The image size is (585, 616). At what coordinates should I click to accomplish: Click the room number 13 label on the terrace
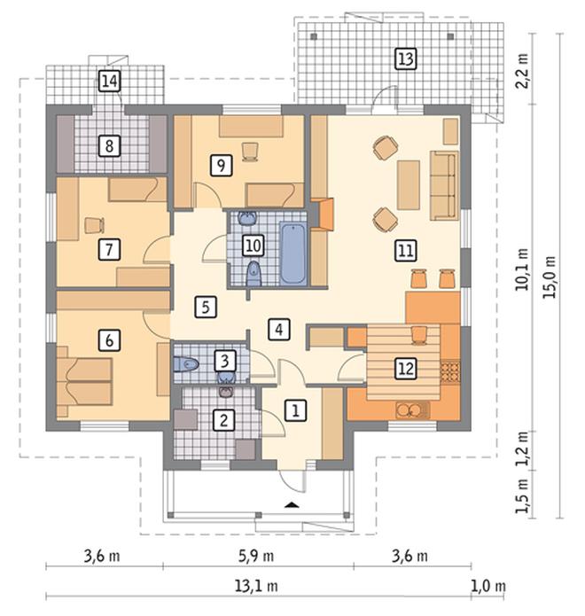tap(406, 59)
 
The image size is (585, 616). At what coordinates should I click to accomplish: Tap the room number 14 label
tap(109, 82)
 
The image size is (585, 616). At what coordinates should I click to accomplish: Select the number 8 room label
tap(109, 145)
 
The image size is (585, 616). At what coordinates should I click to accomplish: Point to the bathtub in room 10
tap(292, 253)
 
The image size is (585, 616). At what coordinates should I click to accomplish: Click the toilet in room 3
tap(186, 364)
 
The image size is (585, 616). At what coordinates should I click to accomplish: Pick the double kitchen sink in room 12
tap(409, 410)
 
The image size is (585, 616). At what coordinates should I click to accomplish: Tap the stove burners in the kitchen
tap(450, 372)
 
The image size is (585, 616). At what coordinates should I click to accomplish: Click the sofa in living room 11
tap(444, 185)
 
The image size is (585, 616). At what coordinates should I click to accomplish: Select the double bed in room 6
tap(85, 382)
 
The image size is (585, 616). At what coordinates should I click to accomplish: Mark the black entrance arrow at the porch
tap(291, 505)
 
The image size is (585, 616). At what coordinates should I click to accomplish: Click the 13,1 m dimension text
tap(256, 587)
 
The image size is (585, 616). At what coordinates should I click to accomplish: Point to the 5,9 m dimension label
tap(256, 556)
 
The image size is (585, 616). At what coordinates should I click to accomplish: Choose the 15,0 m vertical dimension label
tap(550, 277)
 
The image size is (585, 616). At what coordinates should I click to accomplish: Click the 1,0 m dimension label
tap(488, 587)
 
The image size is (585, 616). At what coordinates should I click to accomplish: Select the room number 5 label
tap(207, 307)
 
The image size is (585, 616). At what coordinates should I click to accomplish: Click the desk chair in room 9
tap(250, 152)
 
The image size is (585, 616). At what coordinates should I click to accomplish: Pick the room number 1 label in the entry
tap(295, 410)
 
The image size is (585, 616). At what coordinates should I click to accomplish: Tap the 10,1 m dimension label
tap(523, 269)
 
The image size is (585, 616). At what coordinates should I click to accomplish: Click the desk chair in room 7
tap(94, 225)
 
